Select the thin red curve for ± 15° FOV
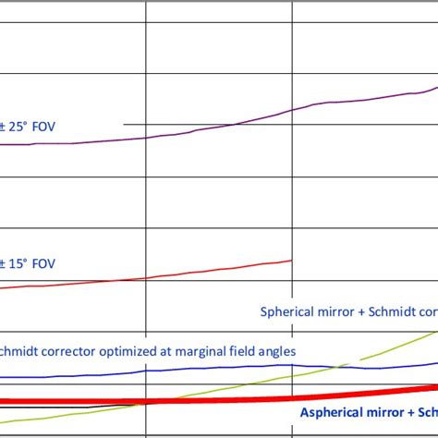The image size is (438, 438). point(185,274)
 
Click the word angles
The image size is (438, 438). point(277,351)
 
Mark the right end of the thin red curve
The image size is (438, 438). point(292,260)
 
